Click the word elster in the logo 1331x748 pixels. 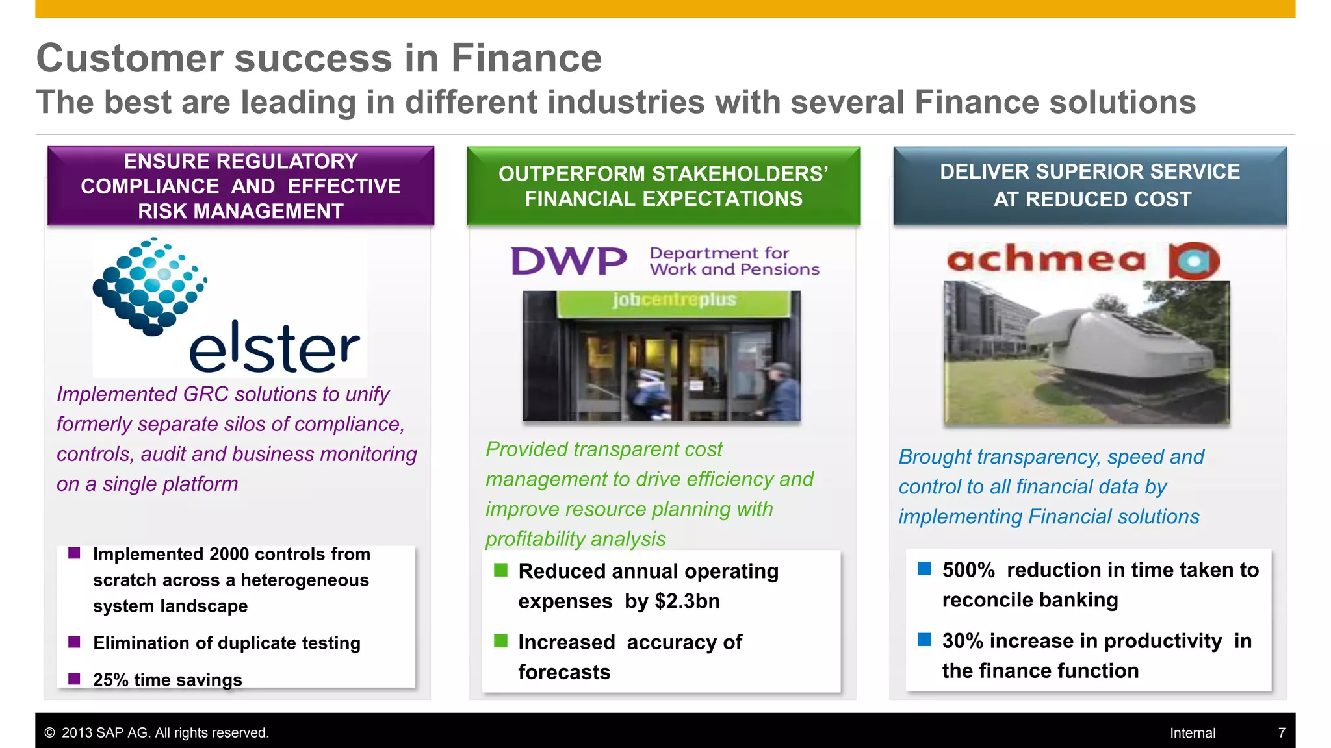274,348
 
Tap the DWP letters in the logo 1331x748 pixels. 569,261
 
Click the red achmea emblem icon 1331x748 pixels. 1194,260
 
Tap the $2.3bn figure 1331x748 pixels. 687,601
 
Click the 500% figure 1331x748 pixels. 968,570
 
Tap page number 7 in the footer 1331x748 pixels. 1282,733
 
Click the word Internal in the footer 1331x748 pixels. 1193,733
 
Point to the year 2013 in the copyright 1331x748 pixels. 77,733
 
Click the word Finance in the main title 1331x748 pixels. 526,58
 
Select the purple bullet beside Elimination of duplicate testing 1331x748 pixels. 74,642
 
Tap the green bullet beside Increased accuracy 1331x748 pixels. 500,642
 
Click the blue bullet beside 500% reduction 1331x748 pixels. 924,569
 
